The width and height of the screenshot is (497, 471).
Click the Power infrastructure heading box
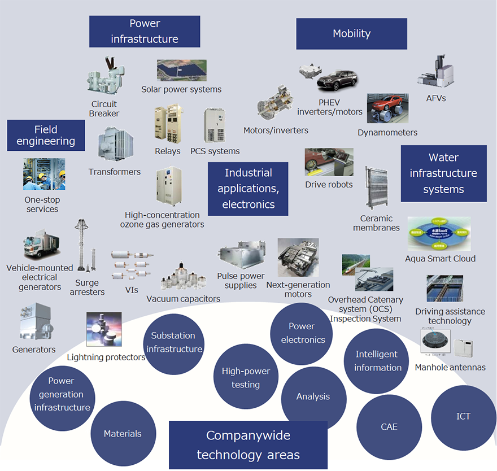coord(145,31)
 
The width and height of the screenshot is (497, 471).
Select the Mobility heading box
coord(351,34)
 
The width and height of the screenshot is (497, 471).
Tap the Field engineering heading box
coord(46,135)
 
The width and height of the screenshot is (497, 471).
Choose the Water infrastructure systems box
coord(443,173)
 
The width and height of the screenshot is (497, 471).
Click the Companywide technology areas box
coord(248,445)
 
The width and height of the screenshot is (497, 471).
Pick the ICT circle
coord(463,417)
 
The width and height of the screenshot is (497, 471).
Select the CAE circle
coord(389,427)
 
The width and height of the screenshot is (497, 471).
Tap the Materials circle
coord(123,434)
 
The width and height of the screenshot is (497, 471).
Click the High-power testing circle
coord(245,378)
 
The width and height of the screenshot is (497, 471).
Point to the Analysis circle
coord(313,396)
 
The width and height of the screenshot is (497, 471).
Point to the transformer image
coord(115,145)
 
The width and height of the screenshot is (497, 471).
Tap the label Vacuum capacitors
coord(183,298)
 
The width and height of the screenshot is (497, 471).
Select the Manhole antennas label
coord(450,367)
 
